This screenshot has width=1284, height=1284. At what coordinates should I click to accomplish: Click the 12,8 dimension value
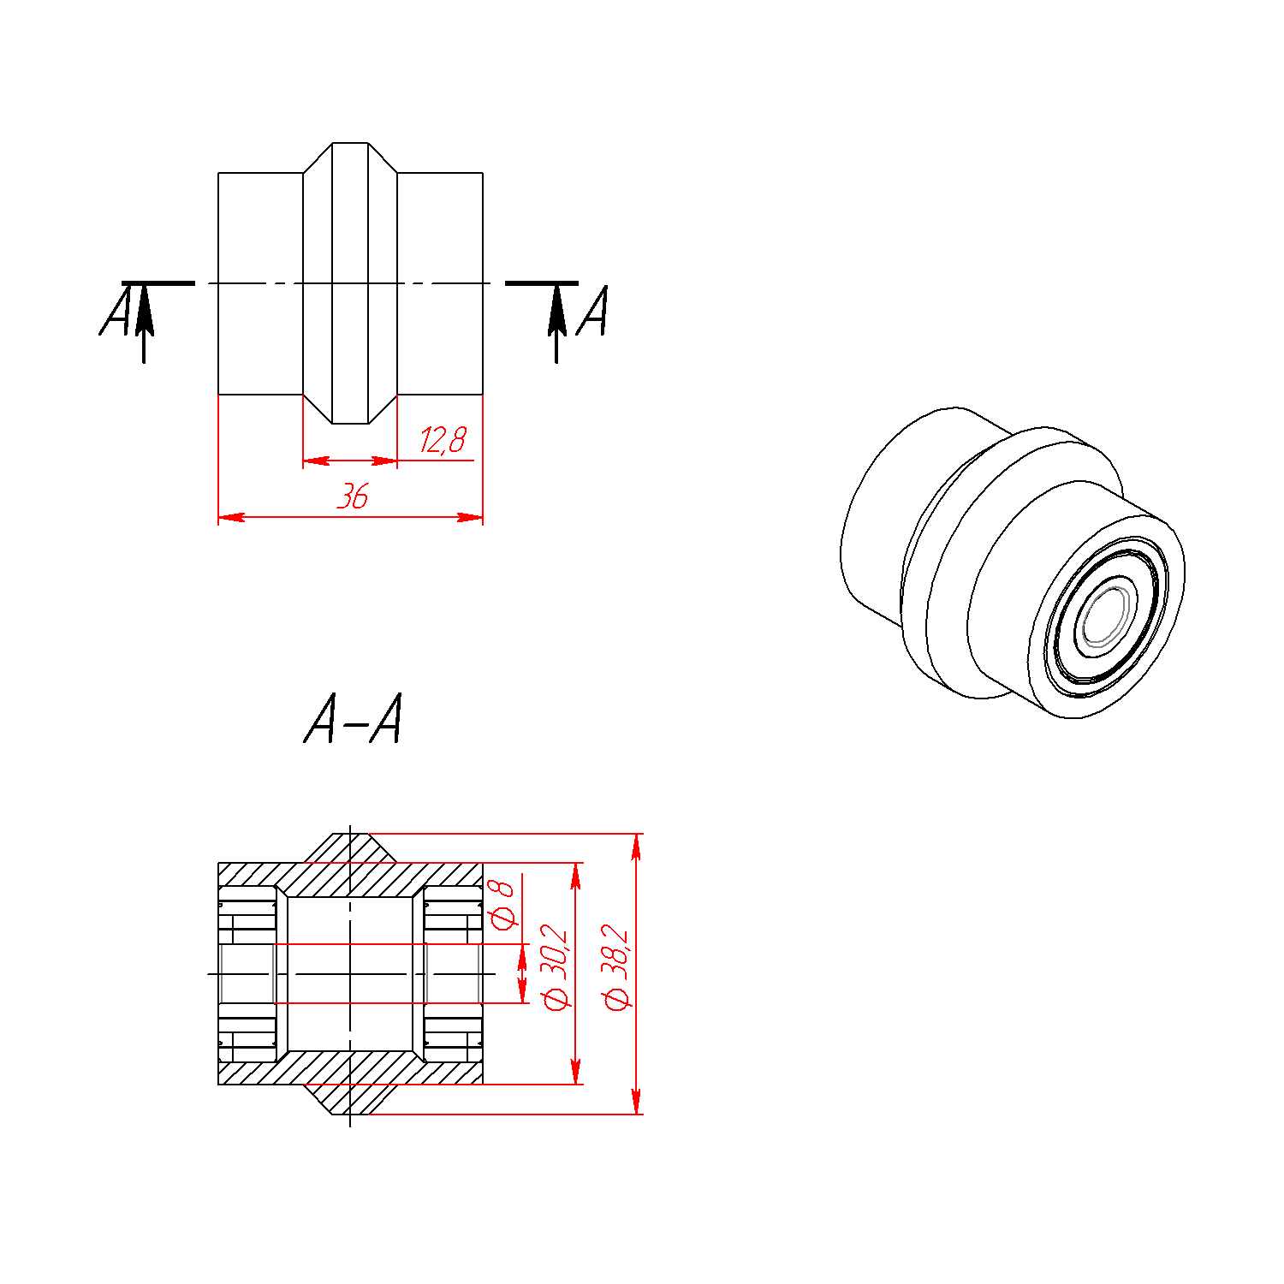443,440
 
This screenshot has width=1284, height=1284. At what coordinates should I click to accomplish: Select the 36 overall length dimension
353,496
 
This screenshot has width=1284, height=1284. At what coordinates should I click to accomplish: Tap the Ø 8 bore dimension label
502,903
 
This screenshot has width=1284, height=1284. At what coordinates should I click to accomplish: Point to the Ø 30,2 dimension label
556,966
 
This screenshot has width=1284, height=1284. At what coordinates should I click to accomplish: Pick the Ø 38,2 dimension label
616,967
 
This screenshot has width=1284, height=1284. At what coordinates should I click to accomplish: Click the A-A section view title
353,719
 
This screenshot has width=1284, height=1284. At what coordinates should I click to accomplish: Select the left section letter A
116,310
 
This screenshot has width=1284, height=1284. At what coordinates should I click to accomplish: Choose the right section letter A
592,310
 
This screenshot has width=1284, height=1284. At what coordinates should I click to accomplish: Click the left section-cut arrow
144,324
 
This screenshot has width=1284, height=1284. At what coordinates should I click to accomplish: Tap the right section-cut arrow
557,324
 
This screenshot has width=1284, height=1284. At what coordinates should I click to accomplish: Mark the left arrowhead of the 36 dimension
231,517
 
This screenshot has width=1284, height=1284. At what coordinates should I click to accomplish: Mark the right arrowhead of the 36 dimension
470,517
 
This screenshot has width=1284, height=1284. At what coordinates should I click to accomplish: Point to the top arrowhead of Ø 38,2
636,847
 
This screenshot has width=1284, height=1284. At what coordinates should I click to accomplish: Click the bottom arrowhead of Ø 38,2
636,1101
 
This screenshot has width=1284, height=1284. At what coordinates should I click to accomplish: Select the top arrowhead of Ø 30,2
576,877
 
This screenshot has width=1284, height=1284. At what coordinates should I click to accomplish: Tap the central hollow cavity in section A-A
350,973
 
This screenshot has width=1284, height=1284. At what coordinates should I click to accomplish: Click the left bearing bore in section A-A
247,973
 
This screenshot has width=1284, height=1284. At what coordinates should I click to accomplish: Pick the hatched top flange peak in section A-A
350,848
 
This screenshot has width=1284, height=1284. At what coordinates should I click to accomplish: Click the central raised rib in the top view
350,283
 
